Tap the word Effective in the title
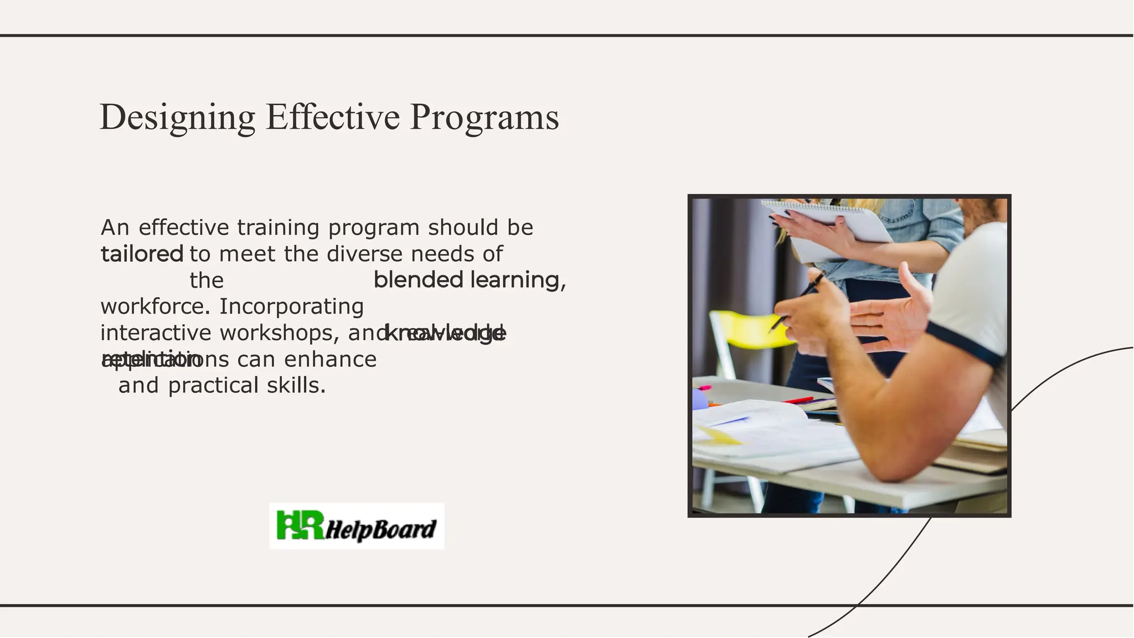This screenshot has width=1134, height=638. click(x=332, y=117)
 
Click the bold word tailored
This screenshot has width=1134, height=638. click(x=142, y=255)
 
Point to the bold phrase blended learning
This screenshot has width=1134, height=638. click(x=468, y=280)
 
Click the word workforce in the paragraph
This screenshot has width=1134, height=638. click(x=154, y=307)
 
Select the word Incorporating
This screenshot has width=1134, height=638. click(x=291, y=307)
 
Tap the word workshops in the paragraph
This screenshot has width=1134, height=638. click(x=279, y=333)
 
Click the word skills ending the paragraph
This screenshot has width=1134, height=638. click(x=296, y=386)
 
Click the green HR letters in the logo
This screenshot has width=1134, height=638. click(x=300, y=525)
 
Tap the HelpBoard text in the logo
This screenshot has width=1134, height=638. click(x=381, y=530)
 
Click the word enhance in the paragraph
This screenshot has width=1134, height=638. click(x=330, y=360)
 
